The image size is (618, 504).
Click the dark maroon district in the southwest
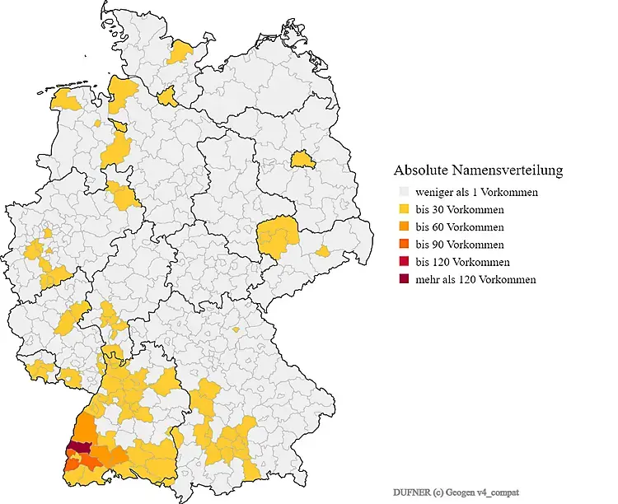coord(79,447)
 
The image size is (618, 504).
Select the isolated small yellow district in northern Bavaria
coord(236,329)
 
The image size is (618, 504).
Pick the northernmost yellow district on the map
coord(180,53)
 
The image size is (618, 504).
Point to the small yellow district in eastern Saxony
coord(323,251)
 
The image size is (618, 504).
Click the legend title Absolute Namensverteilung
coord(478,170)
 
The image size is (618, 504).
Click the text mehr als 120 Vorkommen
coord(475,280)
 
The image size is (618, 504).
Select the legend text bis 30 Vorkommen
coord(460,210)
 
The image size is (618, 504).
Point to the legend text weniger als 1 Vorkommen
coord(477,193)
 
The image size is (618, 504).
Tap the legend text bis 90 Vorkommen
coord(460,245)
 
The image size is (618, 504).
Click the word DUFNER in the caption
coord(412,492)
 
